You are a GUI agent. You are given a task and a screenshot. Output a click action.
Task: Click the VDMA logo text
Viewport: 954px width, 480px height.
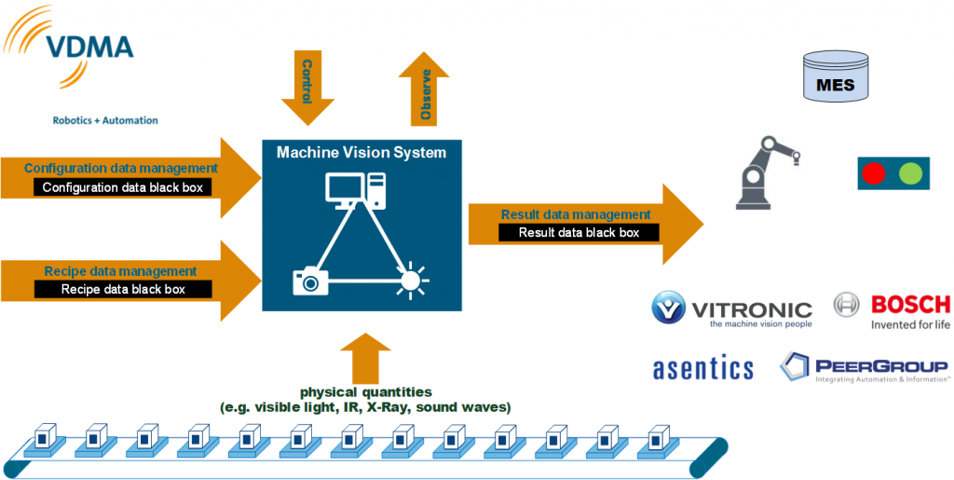95,49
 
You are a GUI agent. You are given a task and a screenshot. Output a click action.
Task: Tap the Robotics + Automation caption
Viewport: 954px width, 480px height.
105,120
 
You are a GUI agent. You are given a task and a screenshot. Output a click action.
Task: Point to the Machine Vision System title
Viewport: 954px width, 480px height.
361,153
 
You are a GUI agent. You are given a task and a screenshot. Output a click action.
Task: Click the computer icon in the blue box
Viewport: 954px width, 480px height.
355,192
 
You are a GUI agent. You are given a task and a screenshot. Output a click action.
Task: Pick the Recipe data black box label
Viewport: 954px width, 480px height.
123,289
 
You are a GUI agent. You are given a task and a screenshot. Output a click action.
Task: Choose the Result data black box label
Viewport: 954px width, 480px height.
579,233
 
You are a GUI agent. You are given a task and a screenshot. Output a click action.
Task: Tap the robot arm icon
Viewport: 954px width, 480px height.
766,171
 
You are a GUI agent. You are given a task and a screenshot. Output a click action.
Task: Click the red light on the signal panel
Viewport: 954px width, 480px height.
874,173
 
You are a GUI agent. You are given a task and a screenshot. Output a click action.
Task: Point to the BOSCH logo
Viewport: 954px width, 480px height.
891,309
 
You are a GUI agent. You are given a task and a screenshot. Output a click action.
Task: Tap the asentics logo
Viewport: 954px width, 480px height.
702,368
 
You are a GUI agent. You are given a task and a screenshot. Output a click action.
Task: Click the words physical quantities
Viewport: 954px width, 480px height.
365,392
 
